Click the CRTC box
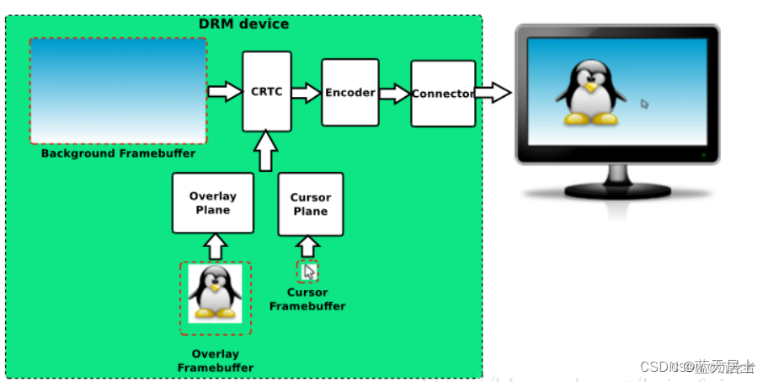pyautogui.click(x=267, y=91)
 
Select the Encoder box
pyautogui.click(x=350, y=93)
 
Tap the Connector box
pyautogui.click(x=443, y=94)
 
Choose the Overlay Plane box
pyautogui.click(x=212, y=203)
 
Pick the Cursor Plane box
pyautogui.click(x=311, y=204)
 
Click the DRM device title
pyautogui.click(x=243, y=24)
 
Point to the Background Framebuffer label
pyautogui.click(x=118, y=153)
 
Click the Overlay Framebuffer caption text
pyautogui.click(x=215, y=360)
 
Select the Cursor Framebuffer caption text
pyautogui.click(x=307, y=299)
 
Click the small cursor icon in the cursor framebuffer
pyautogui.click(x=309, y=272)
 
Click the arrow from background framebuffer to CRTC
pyautogui.click(x=224, y=91)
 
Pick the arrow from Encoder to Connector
pyautogui.click(x=394, y=93)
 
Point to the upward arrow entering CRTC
pyautogui.click(x=266, y=151)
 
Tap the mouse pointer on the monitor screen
pyautogui.click(x=644, y=105)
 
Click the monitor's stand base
pyautogui.click(x=616, y=191)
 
